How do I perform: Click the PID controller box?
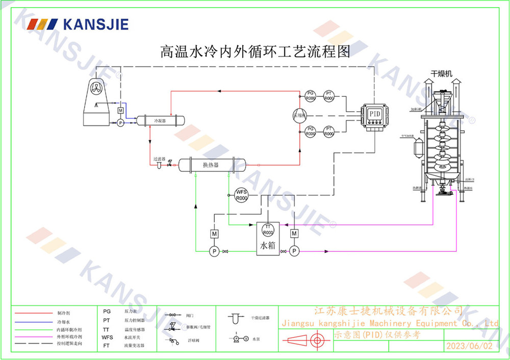coord(374,115)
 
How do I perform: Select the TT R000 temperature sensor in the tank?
coord(268,229)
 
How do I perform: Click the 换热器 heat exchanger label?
coord(210,165)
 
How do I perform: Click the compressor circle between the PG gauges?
coord(299,115)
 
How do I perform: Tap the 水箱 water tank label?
coord(268,246)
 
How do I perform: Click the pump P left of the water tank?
coord(214,251)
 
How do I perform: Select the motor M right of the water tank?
coord(294,234)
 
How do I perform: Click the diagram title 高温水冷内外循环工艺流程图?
coord(255,52)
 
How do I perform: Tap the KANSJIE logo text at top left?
coord(95,24)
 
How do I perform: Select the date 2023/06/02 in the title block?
coord(470,346)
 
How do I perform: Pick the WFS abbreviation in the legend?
coord(107,337)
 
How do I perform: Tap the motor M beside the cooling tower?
coord(120,111)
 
